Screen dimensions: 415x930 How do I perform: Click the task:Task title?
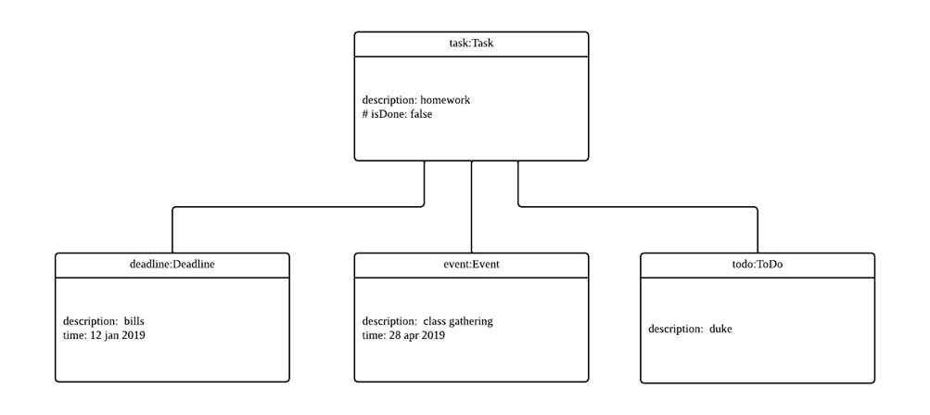coord(471,44)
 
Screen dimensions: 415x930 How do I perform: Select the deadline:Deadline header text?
coord(172,265)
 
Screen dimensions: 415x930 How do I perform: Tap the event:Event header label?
coord(471,265)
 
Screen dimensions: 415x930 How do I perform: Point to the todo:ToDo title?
coord(758,265)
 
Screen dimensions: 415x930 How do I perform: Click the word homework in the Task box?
coord(452,100)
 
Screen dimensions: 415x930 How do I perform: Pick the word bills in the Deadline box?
coord(134,321)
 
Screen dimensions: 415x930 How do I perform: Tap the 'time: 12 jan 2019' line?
coord(104,335)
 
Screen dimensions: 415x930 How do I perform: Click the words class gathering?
coord(458,321)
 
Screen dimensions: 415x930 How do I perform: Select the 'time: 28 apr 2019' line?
coord(403,335)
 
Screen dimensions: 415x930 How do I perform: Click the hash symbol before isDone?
coord(366,115)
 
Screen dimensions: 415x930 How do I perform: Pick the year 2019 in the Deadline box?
coord(132,335)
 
